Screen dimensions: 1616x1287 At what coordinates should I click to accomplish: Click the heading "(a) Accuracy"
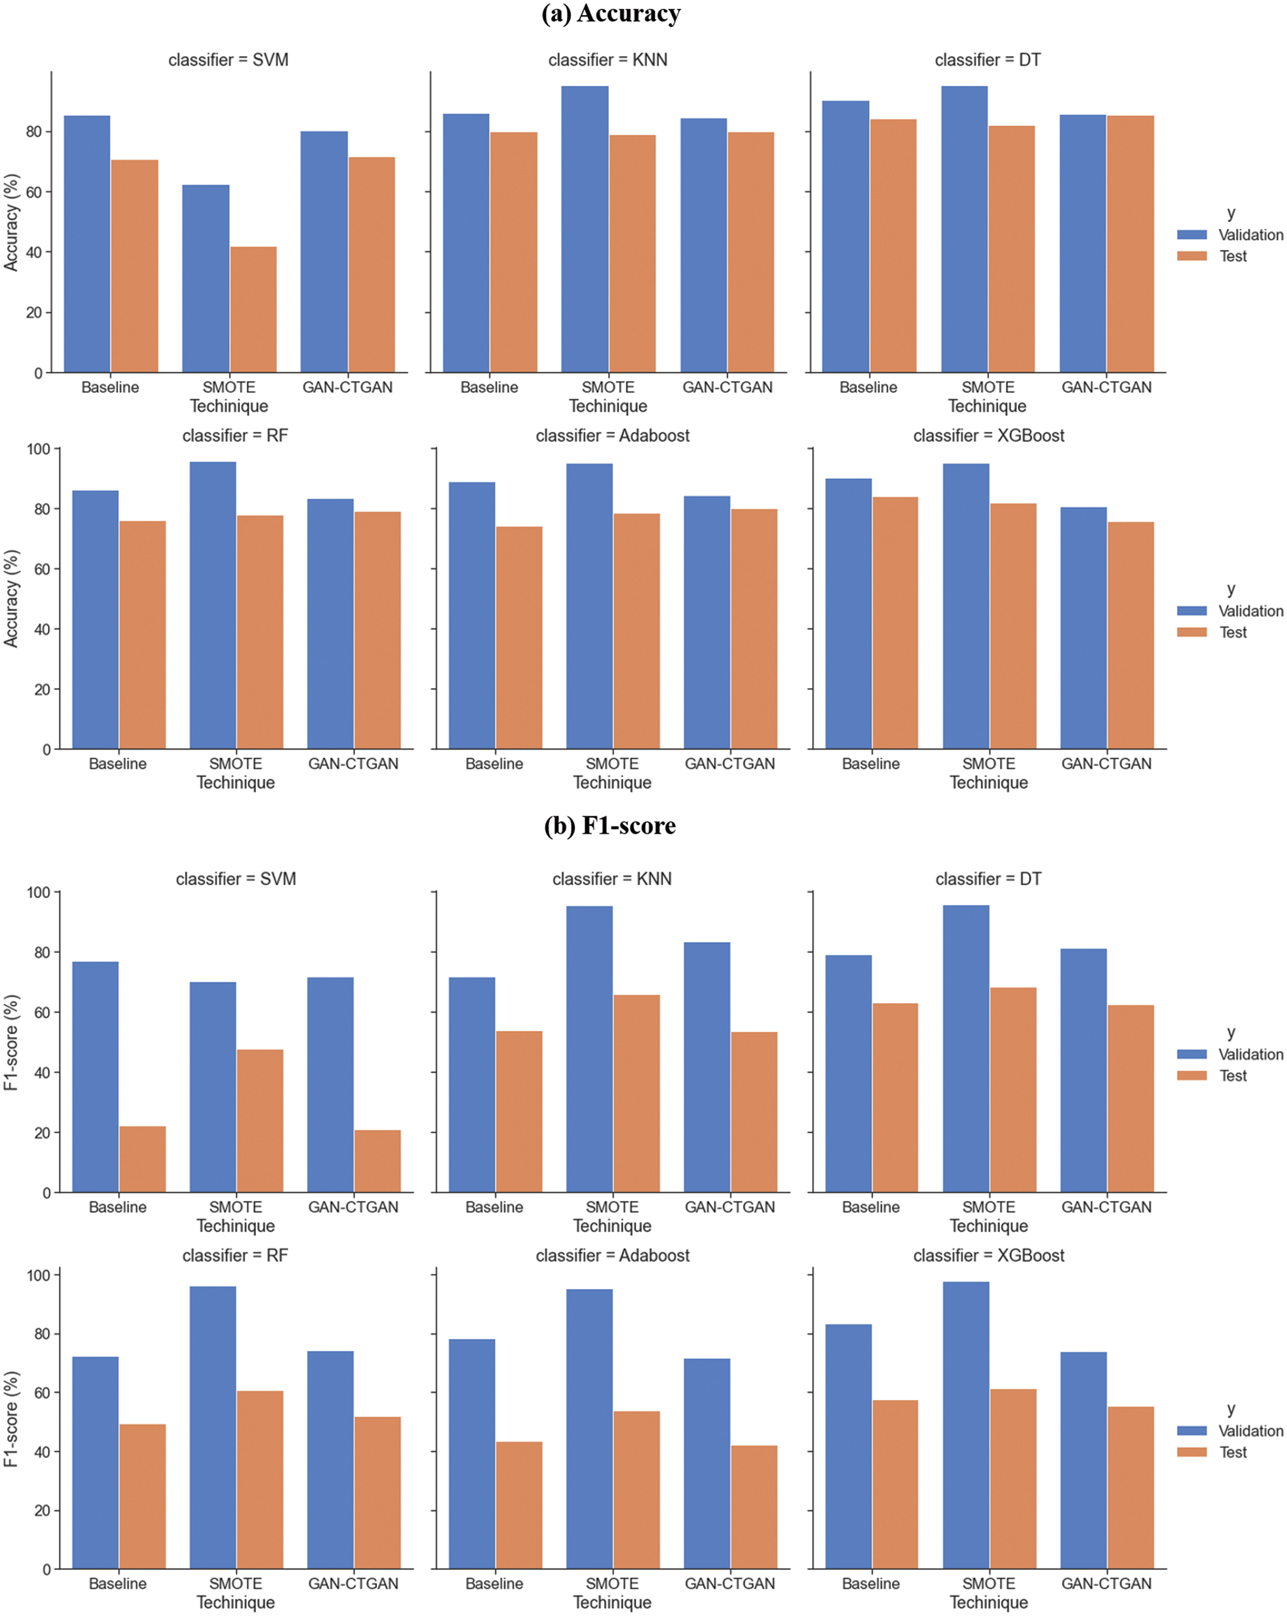click(x=611, y=14)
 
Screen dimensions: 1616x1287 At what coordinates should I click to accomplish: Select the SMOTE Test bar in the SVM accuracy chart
click(x=253, y=310)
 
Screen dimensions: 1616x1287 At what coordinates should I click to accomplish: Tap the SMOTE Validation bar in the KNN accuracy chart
click(x=585, y=230)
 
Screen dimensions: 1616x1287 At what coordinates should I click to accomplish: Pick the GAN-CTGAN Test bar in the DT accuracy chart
click(x=1131, y=244)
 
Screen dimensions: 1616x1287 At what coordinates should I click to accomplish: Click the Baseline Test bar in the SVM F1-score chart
click(x=142, y=1159)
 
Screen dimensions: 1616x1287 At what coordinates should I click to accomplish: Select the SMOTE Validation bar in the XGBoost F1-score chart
click(x=965, y=1425)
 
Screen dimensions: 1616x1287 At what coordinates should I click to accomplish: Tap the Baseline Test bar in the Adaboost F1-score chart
click(x=519, y=1505)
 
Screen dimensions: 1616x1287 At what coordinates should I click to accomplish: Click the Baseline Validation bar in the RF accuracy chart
click(x=96, y=619)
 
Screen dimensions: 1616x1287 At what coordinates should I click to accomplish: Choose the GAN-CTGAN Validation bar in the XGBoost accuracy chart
click(x=1083, y=628)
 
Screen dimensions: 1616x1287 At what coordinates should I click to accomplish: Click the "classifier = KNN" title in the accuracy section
click(x=607, y=60)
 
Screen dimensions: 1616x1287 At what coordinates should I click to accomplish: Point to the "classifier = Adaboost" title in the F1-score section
click(x=612, y=1256)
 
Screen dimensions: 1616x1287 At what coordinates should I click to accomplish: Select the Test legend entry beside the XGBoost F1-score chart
click(x=1232, y=1453)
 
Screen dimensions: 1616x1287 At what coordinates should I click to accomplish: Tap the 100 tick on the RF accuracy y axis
click(x=39, y=449)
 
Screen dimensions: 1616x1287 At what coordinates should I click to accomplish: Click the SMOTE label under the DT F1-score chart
click(x=989, y=1208)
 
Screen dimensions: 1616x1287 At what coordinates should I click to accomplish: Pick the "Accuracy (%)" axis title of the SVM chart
click(x=12, y=223)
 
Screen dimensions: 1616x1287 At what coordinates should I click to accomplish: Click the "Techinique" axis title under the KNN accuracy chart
click(x=608, y=406)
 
